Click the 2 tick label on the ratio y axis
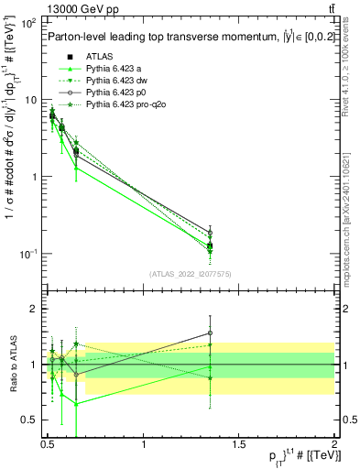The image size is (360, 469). click(x=35, y=310)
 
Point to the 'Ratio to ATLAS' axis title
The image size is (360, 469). click(x=12, y=364)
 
